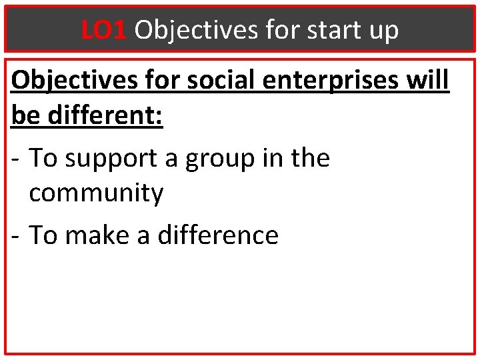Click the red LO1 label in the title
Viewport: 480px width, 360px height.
pyautogui.click(x=104, y=30)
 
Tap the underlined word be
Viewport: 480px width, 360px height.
pyautogui.click(x=25, y=115)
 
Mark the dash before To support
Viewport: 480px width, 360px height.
pyautogui.click(x=17, y=159)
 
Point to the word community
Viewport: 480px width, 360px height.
pyautogui.click(x=96, y=194)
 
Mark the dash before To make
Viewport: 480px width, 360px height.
pyautogui.click(x=17, y=235)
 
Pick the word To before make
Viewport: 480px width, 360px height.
pyautogui.click(x=43, y=235)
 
